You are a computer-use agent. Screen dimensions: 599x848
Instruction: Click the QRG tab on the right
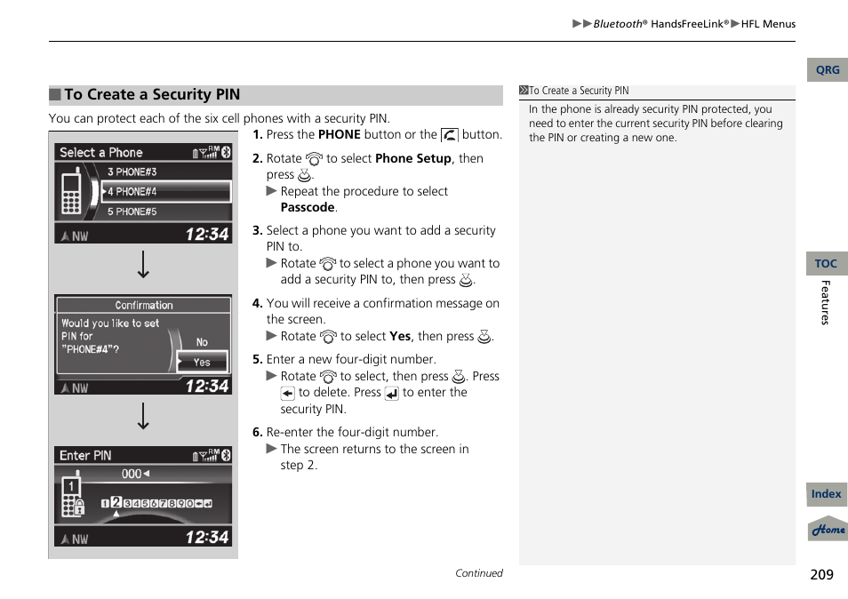827,70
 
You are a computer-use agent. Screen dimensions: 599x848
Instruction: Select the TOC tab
826,264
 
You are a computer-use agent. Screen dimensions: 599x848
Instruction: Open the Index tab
826,494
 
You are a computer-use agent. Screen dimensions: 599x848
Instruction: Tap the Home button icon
828,530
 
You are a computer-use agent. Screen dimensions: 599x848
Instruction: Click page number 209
821,574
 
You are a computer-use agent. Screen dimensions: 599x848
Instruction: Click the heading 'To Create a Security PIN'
152,95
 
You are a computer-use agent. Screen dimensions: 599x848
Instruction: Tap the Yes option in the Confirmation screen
203,362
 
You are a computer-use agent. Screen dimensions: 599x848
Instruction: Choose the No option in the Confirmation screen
202,342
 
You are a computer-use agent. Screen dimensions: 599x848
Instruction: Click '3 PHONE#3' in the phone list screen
132,172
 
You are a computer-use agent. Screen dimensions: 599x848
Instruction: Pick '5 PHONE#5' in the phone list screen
132,212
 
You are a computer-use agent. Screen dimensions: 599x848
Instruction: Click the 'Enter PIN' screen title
85,455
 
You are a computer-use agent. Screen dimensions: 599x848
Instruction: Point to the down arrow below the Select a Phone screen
143,265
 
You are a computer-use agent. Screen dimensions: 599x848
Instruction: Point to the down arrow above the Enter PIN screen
143,416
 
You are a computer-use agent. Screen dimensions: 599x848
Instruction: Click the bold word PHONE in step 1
339,135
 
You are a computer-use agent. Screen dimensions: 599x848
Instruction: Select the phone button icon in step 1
449,135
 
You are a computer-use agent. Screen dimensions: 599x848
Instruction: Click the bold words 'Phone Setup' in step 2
413,158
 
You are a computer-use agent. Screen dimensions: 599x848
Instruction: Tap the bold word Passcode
308,207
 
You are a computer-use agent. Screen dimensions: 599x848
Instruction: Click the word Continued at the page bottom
479,573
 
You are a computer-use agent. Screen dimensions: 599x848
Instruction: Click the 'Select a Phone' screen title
100,153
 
